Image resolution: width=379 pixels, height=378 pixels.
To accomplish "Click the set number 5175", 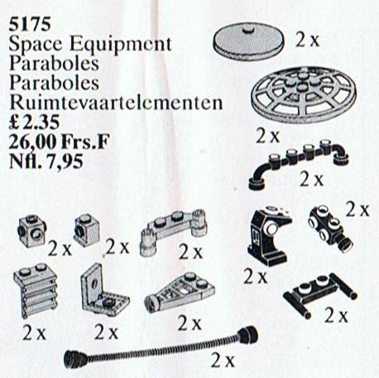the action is (30, 24).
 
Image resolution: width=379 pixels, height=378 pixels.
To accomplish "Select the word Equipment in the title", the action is (121, 44).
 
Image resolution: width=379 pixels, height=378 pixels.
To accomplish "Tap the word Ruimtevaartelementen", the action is (116, 102).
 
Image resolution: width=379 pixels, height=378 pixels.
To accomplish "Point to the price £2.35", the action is (34, 122).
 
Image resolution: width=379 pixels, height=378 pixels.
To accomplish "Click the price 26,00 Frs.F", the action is (60, 142).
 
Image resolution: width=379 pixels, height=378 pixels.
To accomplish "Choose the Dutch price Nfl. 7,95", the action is (46, 161).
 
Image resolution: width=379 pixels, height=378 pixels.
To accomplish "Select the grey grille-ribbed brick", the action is (36, 290).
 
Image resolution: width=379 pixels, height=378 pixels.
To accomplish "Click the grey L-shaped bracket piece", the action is (104, 292).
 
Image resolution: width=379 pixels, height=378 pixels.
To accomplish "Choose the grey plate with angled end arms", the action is (173, 231).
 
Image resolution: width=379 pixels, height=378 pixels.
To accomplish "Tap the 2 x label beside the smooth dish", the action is (307, 41).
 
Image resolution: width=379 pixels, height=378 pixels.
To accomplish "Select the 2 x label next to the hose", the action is (223, 361).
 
